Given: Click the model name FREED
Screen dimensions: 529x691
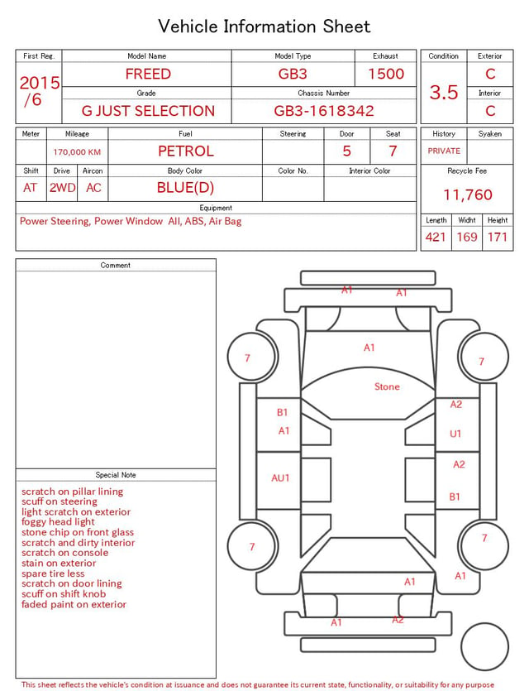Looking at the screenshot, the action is pos(148,74).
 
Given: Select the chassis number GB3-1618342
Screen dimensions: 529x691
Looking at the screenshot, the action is pos(324,111).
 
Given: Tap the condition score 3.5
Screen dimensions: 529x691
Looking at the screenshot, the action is pos(444,92).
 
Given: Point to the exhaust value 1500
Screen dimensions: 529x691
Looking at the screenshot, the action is pos(386,74).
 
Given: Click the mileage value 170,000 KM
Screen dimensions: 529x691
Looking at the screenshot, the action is pos(77,152).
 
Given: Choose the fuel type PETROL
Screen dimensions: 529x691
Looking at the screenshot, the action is pos(186,151).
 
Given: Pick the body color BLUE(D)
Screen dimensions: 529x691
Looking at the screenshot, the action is pos(185,188).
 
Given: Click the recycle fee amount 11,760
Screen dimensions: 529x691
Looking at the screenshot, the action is pos(467,194).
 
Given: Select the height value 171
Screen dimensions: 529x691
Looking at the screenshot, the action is pos(498,237).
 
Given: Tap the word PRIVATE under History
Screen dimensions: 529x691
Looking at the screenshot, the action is pos(444,151).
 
